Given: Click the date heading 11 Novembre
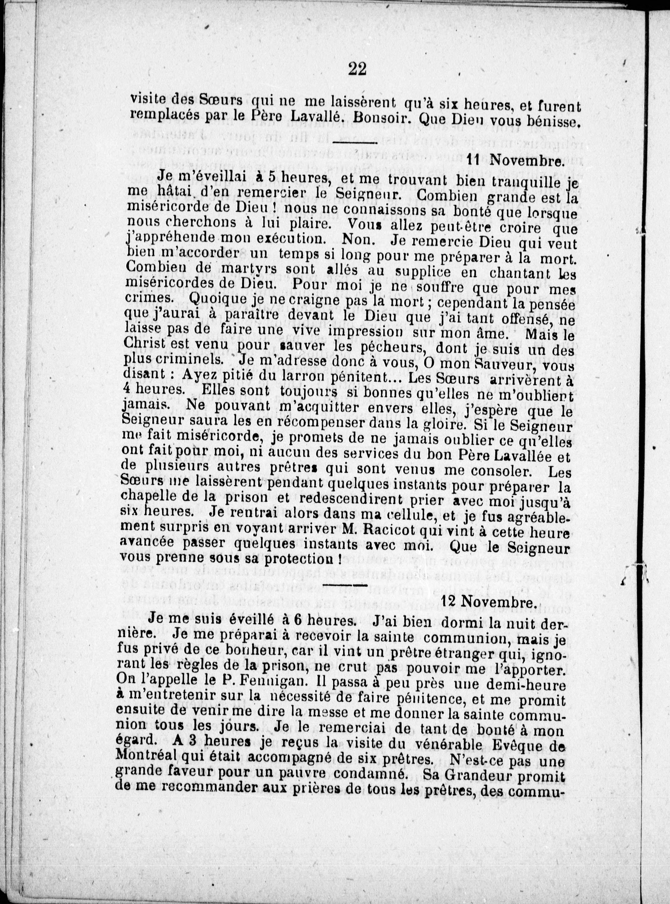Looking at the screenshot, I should [x=515, y=161].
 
